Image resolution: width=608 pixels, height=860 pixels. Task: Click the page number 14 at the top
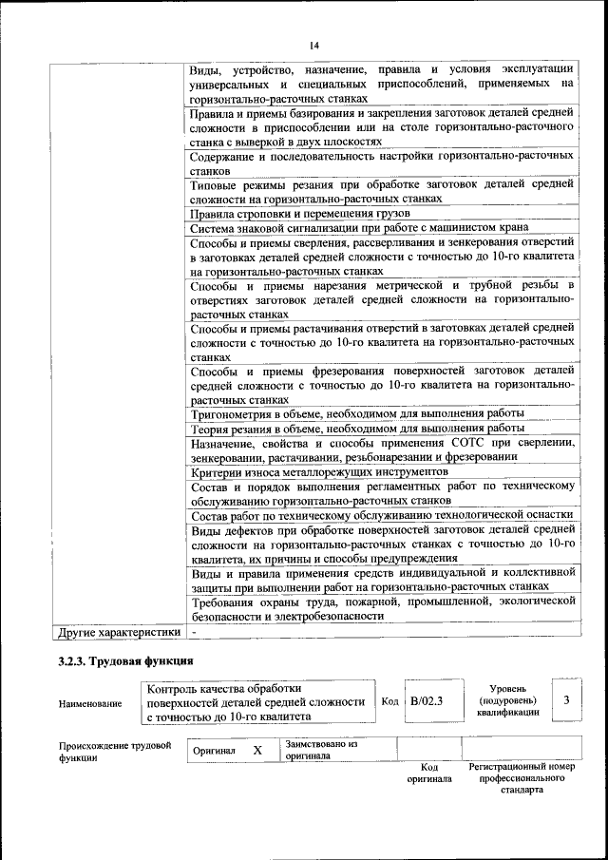(313, 45)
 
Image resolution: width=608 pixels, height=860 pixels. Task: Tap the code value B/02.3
(427, 701)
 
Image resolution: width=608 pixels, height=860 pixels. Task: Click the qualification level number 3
(566, 700)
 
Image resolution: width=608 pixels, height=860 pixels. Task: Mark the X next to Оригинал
(257, 750)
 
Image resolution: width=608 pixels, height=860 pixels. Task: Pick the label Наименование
(90, 703)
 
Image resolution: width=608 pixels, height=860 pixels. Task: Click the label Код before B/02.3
(389, 701)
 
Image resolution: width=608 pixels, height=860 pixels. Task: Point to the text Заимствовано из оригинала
(320, 751)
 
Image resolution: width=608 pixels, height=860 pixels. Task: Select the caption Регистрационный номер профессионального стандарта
(522, 777)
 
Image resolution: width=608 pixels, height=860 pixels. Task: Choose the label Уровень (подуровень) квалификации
(508, 699)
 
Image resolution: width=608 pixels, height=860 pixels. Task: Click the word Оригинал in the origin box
(214, 751)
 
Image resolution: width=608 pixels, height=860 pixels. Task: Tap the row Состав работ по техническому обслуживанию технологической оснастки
(381, 514)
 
